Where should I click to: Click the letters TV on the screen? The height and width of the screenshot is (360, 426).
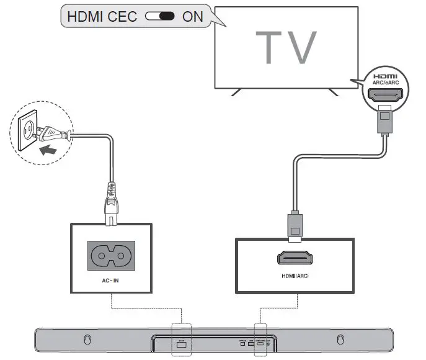[x=286, y=47]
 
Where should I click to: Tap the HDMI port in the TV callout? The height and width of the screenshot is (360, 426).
[x=385, y=96]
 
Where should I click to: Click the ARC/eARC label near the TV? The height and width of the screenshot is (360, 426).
[x=385, y=80]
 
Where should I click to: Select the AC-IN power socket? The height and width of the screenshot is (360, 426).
[x=112, y=255]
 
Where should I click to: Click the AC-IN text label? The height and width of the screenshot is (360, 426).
[x=112, y=281]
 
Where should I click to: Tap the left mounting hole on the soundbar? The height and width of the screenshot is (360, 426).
[x=87, y=340]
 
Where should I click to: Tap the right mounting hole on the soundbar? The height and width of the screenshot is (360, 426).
[x=340, y=340]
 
